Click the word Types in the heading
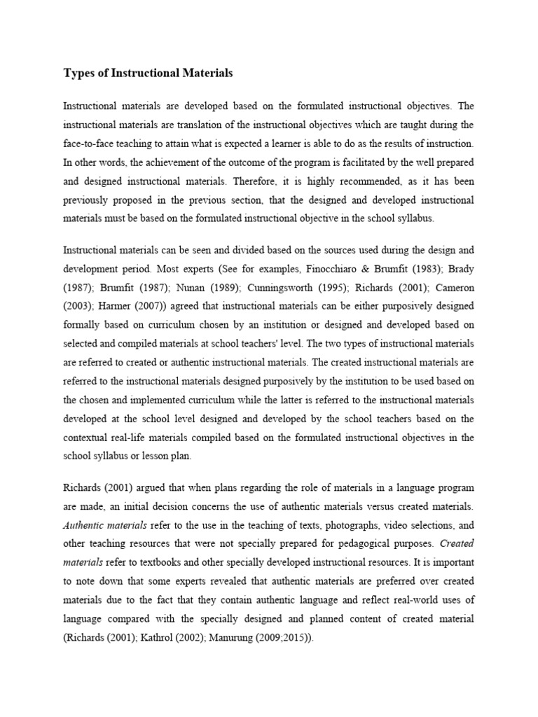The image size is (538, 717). coord(79,73)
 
